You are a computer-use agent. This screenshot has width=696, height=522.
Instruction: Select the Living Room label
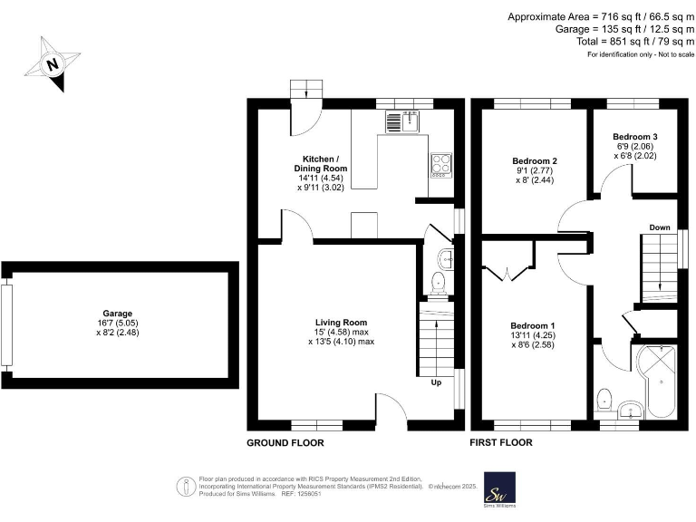click(341, 331)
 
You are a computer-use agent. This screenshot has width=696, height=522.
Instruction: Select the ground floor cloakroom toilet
click(440, 283)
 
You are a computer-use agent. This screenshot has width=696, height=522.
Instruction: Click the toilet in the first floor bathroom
click(604, 398)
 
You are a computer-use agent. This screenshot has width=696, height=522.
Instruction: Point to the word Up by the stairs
click(436, 382)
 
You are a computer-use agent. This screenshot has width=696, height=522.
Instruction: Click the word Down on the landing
click(659, 227)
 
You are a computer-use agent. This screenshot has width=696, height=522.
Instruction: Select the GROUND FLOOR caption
click(285, 443)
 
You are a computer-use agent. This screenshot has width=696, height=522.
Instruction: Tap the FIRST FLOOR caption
click(501, 443)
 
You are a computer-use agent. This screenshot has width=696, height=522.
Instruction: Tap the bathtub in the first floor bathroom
click(657, 378)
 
